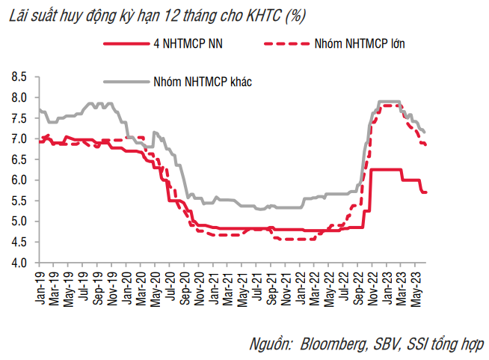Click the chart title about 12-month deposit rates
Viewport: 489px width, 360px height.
[x=156, y=15]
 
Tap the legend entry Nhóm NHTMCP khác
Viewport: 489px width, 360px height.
[x=201, y=80]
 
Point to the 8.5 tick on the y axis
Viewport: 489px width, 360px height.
[x=19, y=77]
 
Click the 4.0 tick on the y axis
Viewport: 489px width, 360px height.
[x=19, y=263]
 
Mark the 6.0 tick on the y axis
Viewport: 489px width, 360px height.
[x=19, y=180]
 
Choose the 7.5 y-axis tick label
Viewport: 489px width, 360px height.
[x=19, y=118]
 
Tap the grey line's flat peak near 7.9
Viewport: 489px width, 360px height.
[x=389, y=101]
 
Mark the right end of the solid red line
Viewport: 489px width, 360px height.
[x=426, y=192]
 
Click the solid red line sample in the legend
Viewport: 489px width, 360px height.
[x=126, y=44]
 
